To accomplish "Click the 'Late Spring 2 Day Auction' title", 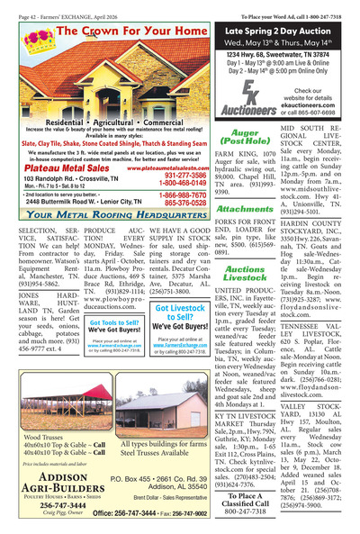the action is point(287,30).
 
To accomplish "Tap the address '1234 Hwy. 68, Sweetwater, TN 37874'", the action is point(287,54).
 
